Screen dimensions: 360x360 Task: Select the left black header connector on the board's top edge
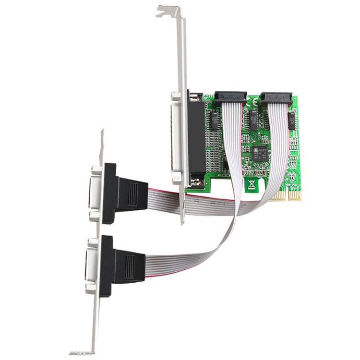point(230,97)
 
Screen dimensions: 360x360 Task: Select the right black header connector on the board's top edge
point(276,98)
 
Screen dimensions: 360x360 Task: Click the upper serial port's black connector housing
point(109,193)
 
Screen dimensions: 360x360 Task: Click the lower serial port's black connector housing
point(106,265)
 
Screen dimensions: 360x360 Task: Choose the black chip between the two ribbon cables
point(253,123)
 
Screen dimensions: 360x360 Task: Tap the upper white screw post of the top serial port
point(95,169)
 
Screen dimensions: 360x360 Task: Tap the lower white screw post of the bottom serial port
point(91,288)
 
